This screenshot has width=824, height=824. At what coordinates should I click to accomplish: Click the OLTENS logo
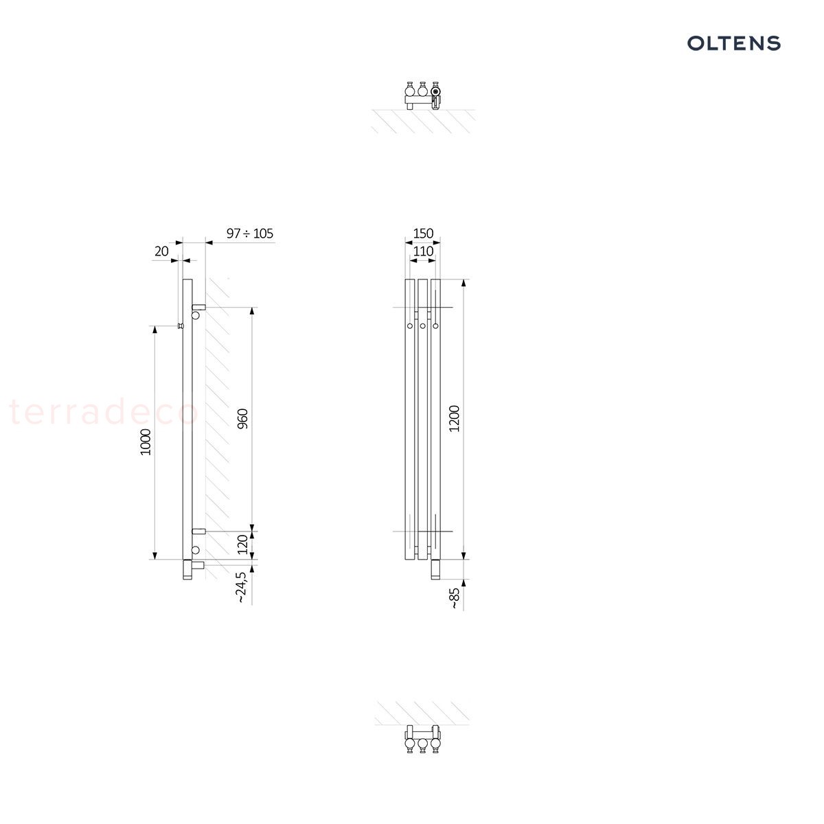point(733,43)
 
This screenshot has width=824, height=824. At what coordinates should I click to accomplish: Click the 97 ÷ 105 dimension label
point(250,233)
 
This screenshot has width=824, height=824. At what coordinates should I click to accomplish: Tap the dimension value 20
point(161,251)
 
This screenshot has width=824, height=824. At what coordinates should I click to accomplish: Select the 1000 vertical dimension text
point(146,442)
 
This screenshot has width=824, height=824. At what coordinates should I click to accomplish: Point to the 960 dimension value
point(242,419)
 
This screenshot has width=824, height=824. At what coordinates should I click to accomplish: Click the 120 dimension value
point(242,545)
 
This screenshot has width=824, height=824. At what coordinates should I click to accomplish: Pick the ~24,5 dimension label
point(241,588)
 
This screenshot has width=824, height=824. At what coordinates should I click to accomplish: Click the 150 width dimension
point(423,233)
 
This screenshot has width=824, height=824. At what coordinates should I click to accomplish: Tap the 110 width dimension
point(423,251)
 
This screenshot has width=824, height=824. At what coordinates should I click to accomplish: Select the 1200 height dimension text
point(454,419)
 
